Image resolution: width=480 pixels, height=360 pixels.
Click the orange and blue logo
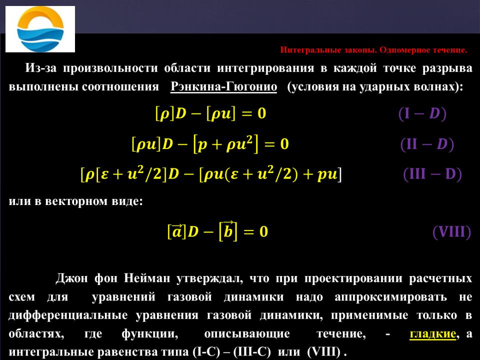(x=40, y=29)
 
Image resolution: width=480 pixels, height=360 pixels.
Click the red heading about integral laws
(x=373, y=50)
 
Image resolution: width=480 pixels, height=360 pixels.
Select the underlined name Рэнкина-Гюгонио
(x=224, y=86)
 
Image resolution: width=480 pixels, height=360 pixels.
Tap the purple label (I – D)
(x=422, y=113)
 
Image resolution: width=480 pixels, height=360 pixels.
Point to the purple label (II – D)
(x=427, y=144)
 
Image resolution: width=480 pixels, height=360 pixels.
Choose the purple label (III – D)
(x=432, y=174)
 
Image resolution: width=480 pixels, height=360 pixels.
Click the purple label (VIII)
(x=451, y=231)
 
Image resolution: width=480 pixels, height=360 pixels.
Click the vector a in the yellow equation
(x=176, y=230)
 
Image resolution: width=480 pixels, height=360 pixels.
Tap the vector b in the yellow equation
(x=228, y=229)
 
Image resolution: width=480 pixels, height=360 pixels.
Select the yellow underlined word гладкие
(x=432, y=333)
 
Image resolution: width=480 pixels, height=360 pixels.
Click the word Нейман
(x=146, y=278)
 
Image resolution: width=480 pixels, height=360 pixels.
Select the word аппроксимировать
(x=390, y=297)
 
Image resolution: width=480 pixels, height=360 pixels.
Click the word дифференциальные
(x=68, y=315)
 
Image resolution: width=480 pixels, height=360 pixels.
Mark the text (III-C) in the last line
(x=251, y=351)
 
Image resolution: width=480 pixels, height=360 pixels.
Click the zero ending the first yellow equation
(x=261, y=113)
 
